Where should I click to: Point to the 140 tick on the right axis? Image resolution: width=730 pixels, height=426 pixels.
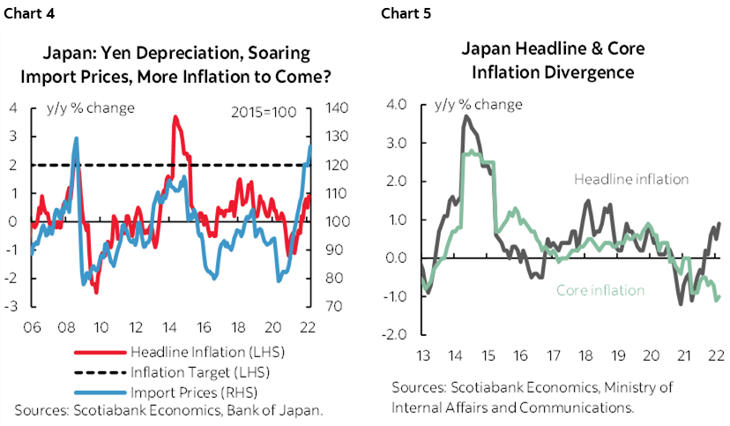(338, 108)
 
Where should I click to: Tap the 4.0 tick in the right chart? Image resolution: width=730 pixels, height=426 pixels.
(396, 105)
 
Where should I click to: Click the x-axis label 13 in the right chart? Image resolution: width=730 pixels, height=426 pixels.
(423, 355)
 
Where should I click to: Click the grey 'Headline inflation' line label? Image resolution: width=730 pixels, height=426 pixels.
(631, 179)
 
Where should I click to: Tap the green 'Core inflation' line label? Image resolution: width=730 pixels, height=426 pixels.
(600, 290)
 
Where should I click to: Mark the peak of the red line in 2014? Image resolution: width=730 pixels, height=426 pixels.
(175, 117)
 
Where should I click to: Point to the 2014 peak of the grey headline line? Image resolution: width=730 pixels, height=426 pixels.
(466, 116)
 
